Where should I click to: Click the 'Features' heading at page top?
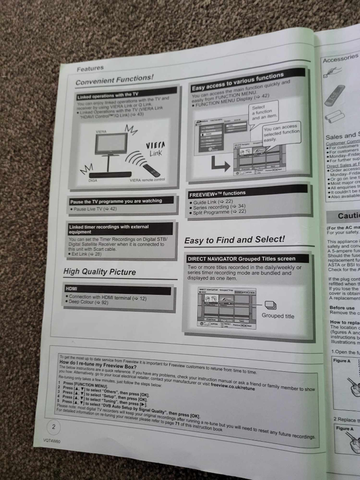click(90, 68)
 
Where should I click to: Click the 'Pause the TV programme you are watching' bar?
click(121, 201)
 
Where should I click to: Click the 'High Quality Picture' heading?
click(99, 272)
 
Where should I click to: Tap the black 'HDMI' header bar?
click(118, 291)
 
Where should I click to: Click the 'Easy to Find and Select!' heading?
click(234, 240)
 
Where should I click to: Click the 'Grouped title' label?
click(278, 316)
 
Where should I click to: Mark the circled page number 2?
click(54, 427)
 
